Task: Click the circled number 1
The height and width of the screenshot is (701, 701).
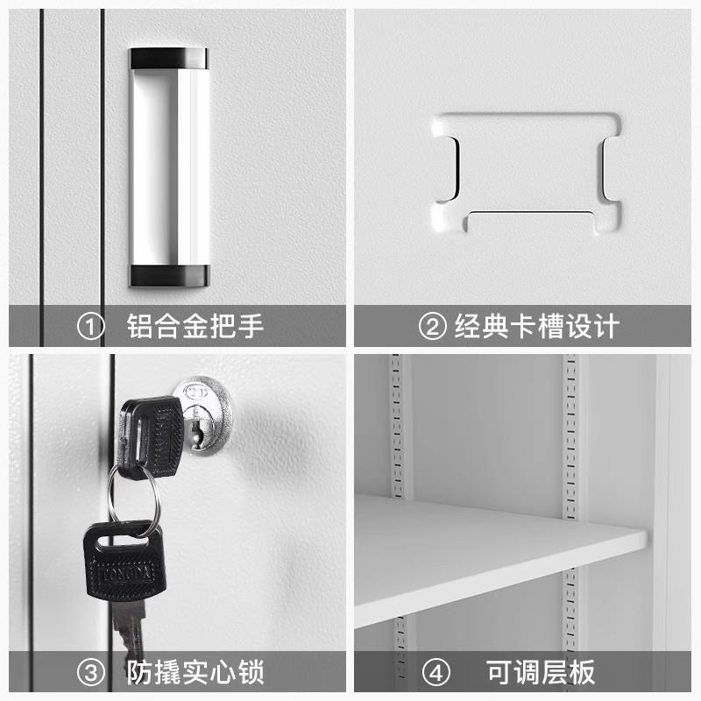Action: (x=91, y=327)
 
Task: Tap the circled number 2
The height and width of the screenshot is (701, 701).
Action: (x=432, y=327)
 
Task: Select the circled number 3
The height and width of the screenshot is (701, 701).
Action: (x=91, y=673)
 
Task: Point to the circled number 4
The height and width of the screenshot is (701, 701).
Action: (x=435, y=673)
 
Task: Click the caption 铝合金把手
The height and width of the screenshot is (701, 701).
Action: (x=195, y=327)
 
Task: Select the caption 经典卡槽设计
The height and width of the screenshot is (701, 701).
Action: (x=536, y=327)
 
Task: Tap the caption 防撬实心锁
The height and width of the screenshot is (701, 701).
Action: (x=195, y=673)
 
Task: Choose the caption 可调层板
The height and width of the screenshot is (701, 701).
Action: (x=541, y=673)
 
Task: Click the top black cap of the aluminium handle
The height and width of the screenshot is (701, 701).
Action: (x=169, y=59)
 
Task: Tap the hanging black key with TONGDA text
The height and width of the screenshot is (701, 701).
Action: (x=123, y=563)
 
